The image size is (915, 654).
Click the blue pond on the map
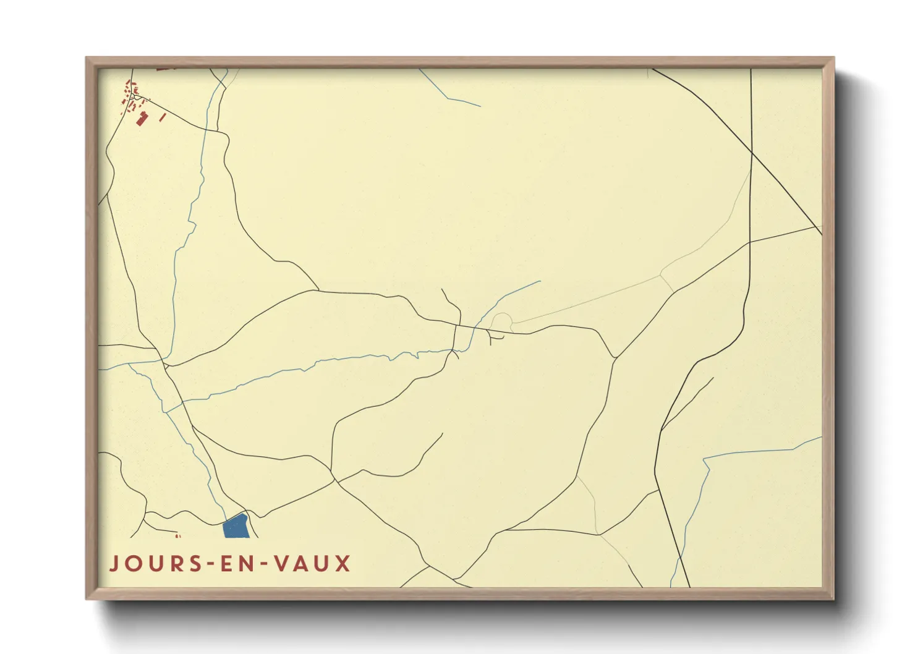click(x=235, y=527)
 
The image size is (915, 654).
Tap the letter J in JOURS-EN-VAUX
click(x=114, y=564)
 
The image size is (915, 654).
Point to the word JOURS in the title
click(x=152, y=564)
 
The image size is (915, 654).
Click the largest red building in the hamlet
click(x=142, y=118)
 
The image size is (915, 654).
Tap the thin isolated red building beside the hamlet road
click(x=163, y=117)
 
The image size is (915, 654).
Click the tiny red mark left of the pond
click(x=178, y=536)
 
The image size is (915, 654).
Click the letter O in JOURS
click(x=132, y=564)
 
